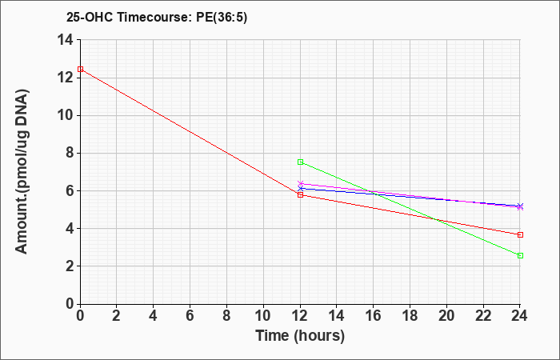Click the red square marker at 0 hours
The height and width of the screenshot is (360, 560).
(80, 69)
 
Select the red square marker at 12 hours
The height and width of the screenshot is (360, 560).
(300, 194)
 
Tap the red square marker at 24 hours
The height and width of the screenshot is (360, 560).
(520, 234)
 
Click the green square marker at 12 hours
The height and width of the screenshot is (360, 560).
(300, 162)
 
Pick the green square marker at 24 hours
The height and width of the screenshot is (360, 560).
(520, 255)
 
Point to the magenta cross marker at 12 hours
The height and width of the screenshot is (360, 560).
(300, 183)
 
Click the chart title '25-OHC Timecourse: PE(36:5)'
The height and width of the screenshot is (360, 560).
(157, 17)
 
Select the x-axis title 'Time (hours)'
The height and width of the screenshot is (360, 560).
(300, 336)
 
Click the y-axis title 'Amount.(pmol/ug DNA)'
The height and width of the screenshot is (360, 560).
(22, 171)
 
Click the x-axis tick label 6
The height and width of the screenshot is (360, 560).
(190, 316)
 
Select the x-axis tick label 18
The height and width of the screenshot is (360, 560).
(410, 316)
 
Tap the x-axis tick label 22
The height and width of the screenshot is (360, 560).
(483, 316)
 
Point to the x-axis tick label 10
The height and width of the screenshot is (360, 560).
(263, 316)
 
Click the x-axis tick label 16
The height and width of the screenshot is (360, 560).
(374, 316)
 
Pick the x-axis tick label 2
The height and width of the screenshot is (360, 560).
(117, 316)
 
